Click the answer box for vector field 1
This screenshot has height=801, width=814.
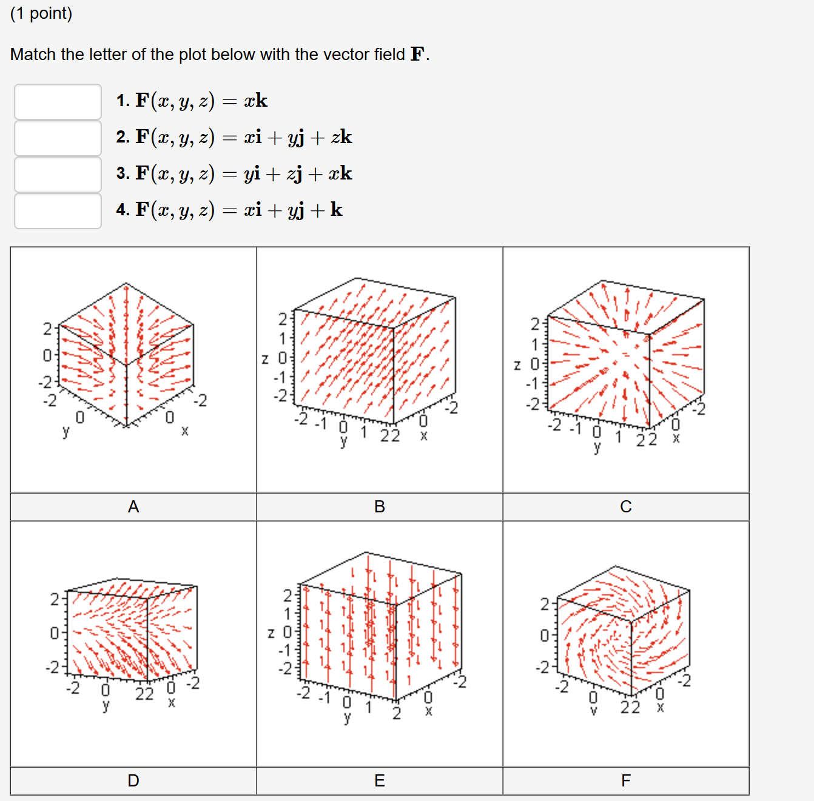tap(58, 101)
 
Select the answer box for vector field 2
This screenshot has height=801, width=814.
tap(58, 138)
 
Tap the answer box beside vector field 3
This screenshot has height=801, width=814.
tap(58, 174)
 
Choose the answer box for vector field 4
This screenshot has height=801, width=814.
tap(58, 210)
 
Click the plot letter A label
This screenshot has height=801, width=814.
tap(133, 507)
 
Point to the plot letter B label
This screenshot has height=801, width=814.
tap(380, 507)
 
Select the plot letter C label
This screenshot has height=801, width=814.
tap(626, 507)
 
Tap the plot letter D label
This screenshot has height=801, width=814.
tap(133, 781)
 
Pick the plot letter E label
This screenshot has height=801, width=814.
tap(380, 781)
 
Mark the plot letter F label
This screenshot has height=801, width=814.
tap(626, 781)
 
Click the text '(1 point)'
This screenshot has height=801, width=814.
tap(41, 13)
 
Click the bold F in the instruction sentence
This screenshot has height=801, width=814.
tap(417, 55)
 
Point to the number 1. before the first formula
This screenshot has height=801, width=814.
tap(123, 101)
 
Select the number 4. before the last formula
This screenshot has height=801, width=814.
tap(123, 210)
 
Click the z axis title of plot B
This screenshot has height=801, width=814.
tap(265, 359)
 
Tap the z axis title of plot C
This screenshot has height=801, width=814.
tap(517, 365)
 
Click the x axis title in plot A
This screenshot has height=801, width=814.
tap(185, 431)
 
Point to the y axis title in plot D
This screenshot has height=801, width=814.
tap(106, 705)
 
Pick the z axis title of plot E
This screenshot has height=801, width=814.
tap(271, 634)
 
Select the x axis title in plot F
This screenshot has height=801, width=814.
tap(661, 708)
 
